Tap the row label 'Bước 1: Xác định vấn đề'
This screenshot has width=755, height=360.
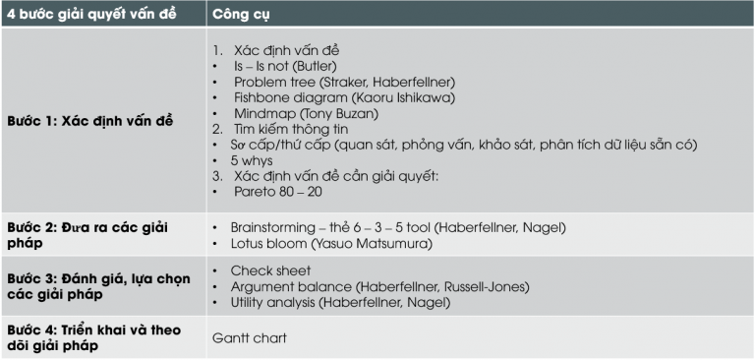[x=89, y=120]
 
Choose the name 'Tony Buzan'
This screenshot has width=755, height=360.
[x=338, y=113]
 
